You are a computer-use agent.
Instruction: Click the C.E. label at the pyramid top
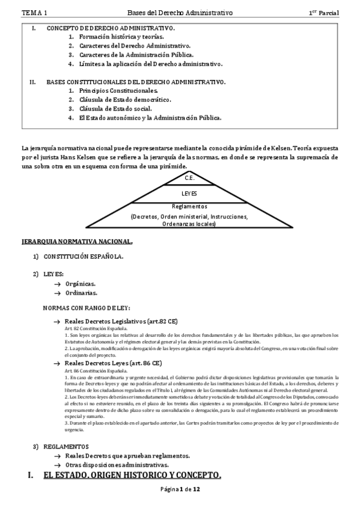coord(189,179)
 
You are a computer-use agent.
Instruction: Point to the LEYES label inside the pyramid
coord(189,194)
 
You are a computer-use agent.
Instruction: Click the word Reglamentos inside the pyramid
coord(189,206)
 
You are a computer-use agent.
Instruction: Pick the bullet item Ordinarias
coord(81,293)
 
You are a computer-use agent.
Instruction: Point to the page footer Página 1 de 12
coord(180,490)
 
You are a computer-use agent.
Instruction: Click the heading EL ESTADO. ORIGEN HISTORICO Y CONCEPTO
coord(132,476)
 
